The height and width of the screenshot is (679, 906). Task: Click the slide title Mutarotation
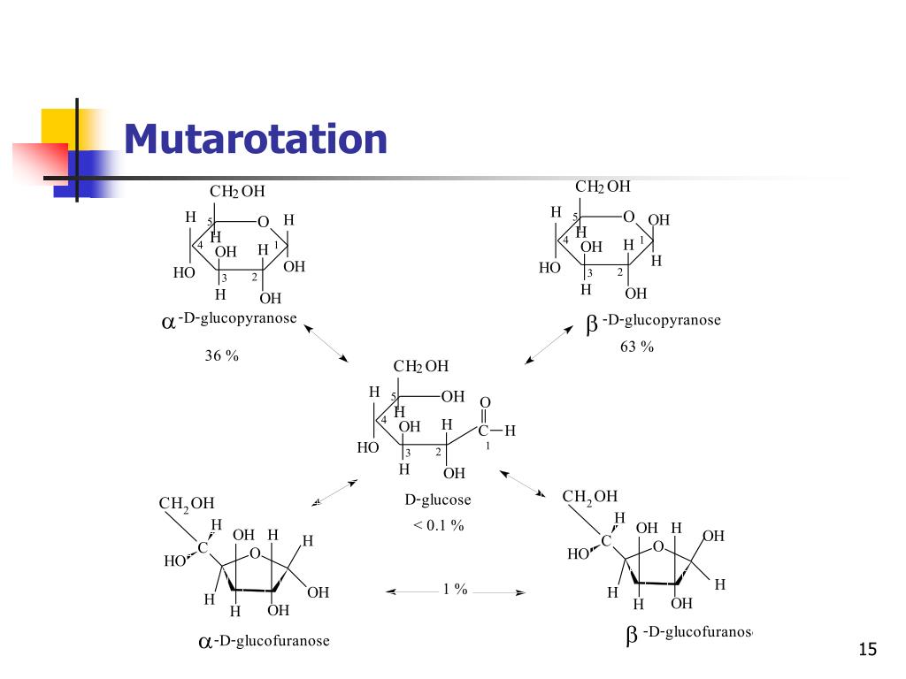click(x=256, y=140)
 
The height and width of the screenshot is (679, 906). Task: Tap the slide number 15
click(x=867, y=651)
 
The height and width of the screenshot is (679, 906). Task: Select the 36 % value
click(x=222, y=355)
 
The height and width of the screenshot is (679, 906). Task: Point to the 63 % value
click(x=637, y=347)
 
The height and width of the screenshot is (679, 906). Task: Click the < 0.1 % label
click(x=438, y=525)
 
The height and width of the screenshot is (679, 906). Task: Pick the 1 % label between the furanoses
click(x=455, y=590)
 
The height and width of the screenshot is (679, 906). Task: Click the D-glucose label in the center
click(x=438, y=500)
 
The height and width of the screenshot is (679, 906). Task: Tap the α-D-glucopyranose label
click(x=229, y=319)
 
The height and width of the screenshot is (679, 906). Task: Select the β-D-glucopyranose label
click(x=654, y=320)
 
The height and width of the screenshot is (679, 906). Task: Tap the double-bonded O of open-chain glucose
click(x=485, y=403)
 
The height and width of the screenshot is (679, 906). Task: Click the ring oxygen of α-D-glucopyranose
click(x=263, y=221)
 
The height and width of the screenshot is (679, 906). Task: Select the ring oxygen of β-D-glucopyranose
click(x=628, y=217)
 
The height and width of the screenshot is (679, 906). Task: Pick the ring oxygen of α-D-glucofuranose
click(x=255, y=554)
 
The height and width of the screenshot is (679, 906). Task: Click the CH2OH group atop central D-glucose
click(x=421, y=367)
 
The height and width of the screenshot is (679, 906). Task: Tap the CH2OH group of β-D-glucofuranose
click(x=590, y=497)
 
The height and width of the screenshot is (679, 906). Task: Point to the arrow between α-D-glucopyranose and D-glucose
click(x=326, y=342)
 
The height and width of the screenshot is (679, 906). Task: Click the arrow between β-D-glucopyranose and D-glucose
click(x=549, y=343)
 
